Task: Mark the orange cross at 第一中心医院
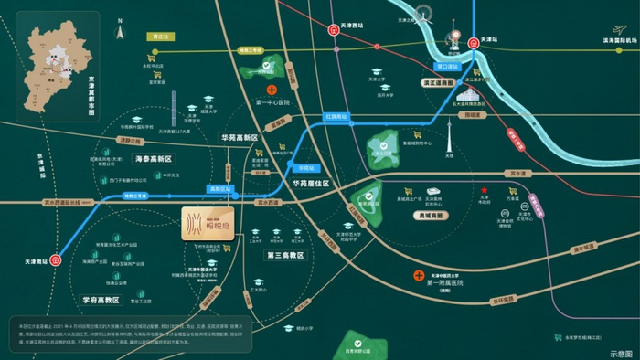click(272, 90)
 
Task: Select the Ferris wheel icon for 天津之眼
click(425, 16)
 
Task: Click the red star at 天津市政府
click(484, 194)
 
